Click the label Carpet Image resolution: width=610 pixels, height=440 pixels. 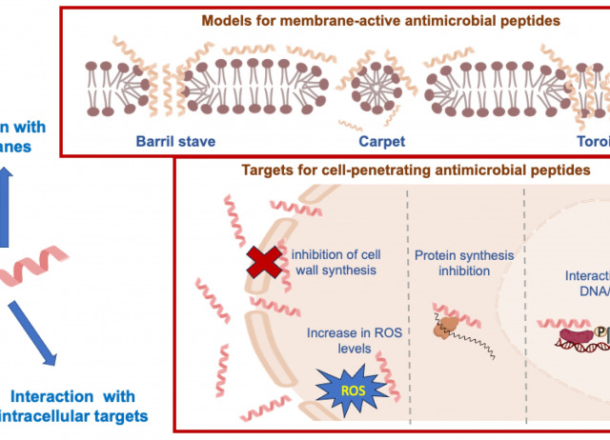pos(382,142)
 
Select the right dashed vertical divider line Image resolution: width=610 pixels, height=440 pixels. pos(525,295)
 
